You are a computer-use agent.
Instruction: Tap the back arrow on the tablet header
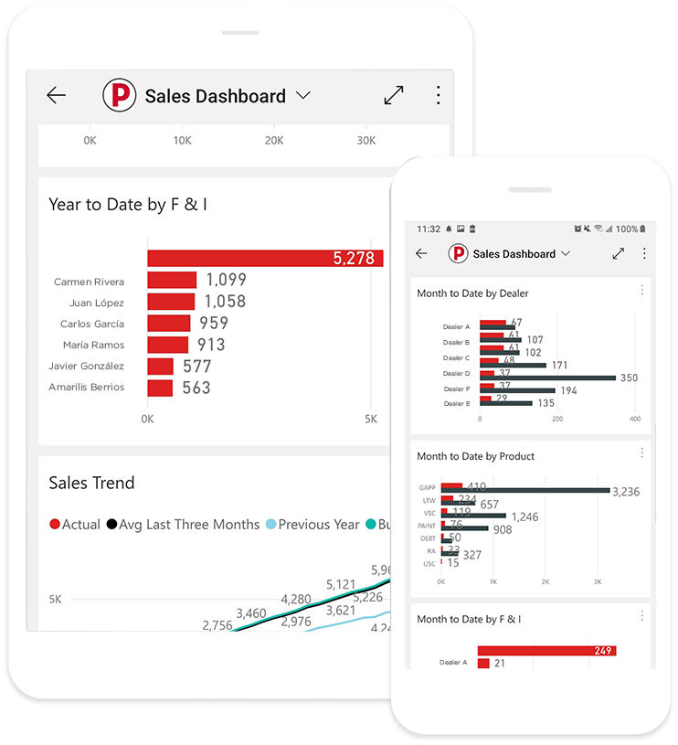pos(57,96)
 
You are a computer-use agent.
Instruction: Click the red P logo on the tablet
pos(119,96)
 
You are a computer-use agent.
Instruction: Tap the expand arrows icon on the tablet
pos(394,95)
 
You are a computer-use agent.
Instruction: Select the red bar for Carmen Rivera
pos(172,281)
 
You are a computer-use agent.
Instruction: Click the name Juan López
pos(96,303)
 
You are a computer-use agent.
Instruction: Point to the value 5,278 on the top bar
pos(354,259)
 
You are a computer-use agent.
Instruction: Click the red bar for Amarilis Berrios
pos(160,388)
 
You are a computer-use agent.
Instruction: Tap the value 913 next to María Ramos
pos(210,345)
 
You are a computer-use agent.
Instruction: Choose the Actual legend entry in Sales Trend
pos(74,525)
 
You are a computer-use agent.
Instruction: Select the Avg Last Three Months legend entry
pos(183,525)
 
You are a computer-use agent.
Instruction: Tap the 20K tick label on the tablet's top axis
pos(274,141)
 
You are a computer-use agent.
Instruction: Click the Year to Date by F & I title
pos(128,205)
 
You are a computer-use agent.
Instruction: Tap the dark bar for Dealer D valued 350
pos(548,377)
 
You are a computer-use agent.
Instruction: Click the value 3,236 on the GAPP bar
pos(625,492)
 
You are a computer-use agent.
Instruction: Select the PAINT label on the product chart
pos(428,526)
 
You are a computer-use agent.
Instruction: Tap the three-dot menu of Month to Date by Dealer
pos(641,290)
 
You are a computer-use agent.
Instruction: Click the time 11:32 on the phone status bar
pos(429,229)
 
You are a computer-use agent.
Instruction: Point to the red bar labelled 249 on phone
pos(546,651)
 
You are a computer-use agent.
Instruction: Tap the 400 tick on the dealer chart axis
pos(635,419)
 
